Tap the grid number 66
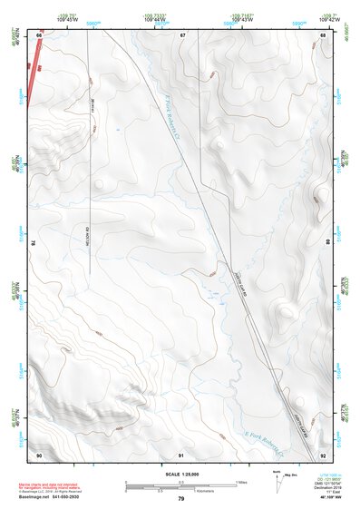39,34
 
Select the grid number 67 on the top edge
181,34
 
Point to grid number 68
324,34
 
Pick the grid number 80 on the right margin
328,243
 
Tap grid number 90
39,454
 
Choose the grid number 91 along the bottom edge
181,454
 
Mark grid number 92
324,454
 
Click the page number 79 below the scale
181,500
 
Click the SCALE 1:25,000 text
180,474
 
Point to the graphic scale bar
180,484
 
